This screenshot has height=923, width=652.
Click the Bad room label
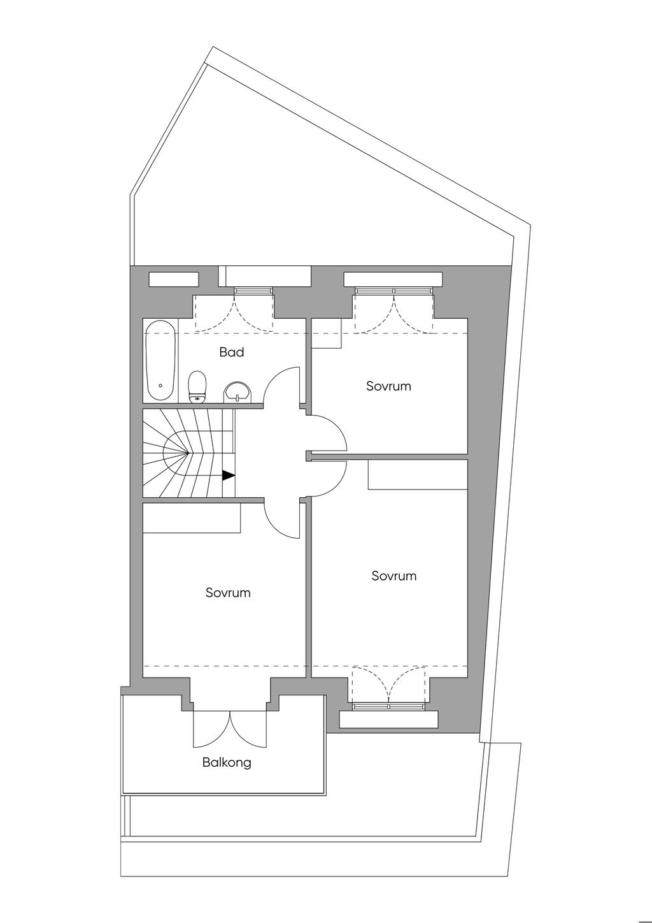coord(232,352)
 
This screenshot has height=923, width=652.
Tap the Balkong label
coord(227,762)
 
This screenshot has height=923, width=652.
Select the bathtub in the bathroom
coord(160,361)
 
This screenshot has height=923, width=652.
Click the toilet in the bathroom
coord(197,386)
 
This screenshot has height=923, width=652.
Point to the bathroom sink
coord(236,391)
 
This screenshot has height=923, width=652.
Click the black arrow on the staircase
coord(229,476)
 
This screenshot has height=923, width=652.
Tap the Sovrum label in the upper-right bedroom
coord(388,386)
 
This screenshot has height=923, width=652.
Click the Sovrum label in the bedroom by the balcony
coord(228,593)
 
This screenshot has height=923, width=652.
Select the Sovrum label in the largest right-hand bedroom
coord(394,576)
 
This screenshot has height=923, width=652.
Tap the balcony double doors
coord(231,729)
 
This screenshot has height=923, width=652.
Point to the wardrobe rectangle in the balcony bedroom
coord(192,518)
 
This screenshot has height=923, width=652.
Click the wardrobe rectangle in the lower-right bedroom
coord(418,474)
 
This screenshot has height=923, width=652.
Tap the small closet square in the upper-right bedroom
coord(327,334)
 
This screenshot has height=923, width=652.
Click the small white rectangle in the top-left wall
coord(174,279)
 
